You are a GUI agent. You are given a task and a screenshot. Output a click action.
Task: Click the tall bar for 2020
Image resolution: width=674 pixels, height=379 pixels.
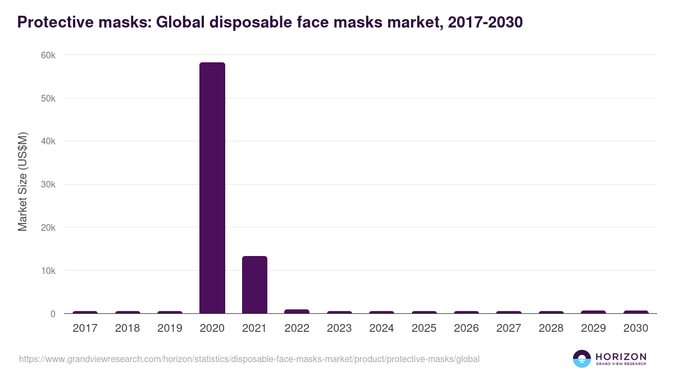212,188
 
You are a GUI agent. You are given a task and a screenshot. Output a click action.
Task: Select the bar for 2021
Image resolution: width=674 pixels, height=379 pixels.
254,285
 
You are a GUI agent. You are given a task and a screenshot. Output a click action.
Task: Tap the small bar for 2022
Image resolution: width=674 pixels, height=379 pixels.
297,312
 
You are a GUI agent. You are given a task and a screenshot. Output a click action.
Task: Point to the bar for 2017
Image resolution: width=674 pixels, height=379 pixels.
85,312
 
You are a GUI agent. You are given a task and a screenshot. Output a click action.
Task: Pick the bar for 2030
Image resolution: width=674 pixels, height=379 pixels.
636,312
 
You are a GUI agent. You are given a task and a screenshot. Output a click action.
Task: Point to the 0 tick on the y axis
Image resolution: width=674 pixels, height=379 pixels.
53,314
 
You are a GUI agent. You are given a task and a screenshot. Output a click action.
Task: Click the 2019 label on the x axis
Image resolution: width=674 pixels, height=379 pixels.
170,328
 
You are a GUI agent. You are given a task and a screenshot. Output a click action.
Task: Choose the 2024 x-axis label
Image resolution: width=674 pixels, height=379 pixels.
381,328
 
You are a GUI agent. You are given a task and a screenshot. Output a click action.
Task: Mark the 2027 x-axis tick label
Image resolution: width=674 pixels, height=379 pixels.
508,328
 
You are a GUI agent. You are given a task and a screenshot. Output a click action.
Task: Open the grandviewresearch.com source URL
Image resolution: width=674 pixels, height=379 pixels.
249,359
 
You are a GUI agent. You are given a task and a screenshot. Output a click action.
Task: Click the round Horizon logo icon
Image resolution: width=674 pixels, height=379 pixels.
582,359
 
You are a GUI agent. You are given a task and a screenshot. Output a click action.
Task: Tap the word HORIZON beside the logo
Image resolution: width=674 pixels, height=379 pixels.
621,356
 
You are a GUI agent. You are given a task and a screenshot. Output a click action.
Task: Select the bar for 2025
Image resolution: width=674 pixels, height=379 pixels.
424,312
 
